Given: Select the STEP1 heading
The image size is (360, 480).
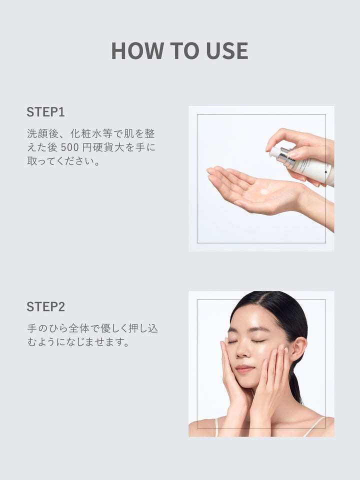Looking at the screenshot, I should pos(45,112).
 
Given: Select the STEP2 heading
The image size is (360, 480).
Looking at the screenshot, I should pos(45,306).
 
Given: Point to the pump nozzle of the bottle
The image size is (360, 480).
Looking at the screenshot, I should pos(273,151).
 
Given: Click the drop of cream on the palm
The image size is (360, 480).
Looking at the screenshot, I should pos(264,192).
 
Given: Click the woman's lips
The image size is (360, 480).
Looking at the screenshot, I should pos(245,369).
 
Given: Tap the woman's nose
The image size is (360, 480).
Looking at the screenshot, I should pos(243,352).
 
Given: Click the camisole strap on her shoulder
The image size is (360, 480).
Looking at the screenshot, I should pos(314,425).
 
